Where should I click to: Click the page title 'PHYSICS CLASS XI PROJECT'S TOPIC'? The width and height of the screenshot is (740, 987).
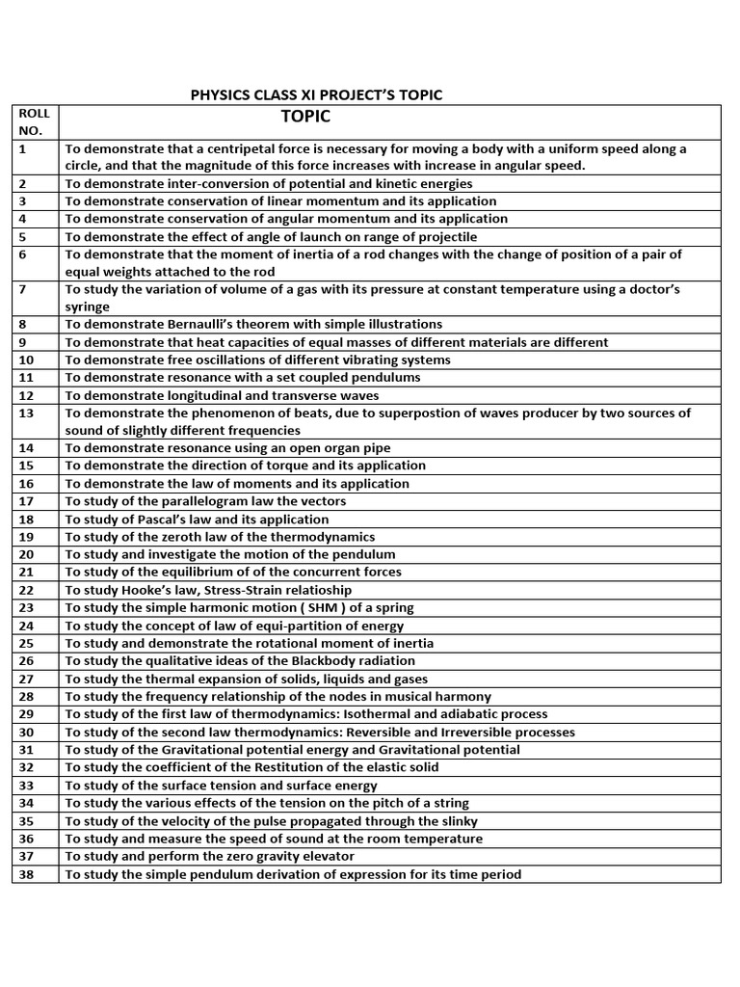point(316,94)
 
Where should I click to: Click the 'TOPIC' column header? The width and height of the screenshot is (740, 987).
point(305,117)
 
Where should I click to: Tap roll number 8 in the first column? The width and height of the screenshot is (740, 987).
point(22,325)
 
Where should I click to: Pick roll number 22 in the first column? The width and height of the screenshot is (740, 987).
point(26,590)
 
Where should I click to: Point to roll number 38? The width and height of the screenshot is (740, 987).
point(26,874)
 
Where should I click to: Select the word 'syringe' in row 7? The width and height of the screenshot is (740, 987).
point(88,307)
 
